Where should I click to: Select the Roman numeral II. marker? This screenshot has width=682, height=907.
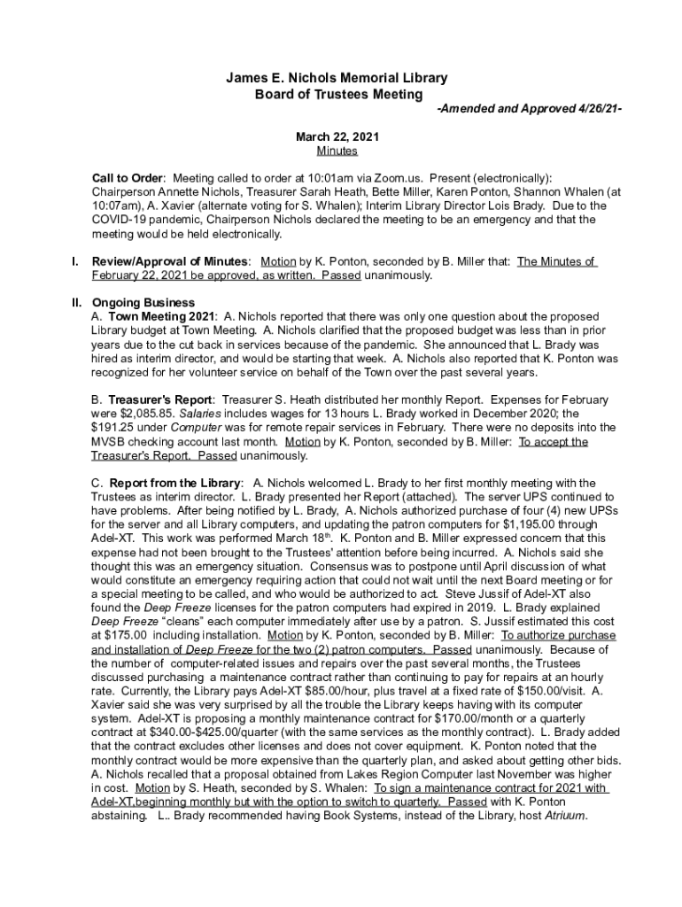click(x=77, y=302)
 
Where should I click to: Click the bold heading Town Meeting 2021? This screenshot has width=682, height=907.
click(x=161, y=316)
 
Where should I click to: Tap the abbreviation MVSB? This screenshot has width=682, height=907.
click(x=110, y=441)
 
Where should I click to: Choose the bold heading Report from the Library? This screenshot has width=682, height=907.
click(x=174, y=483)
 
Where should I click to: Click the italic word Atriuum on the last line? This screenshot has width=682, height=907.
click(x=565, y=816)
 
